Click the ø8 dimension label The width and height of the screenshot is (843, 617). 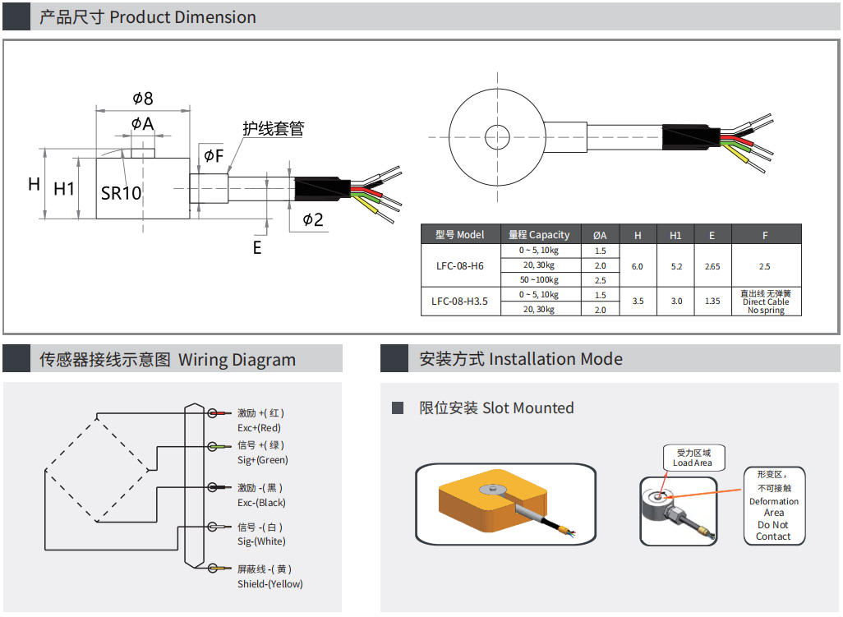143,99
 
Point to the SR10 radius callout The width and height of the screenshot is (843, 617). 122,193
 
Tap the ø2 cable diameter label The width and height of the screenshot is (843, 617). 313,219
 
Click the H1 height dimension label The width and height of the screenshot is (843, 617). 64,189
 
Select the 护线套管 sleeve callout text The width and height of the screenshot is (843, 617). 273,129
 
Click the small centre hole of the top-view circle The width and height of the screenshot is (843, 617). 495,137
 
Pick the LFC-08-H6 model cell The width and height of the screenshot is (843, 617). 459,266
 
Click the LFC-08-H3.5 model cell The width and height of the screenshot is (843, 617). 459,302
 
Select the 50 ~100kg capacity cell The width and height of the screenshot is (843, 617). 539,280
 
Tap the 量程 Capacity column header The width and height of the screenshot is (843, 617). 539,235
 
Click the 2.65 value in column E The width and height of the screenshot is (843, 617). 712,266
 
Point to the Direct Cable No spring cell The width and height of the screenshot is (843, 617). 766,302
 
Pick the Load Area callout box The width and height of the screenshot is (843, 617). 693,458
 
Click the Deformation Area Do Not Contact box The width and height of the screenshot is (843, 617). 773,506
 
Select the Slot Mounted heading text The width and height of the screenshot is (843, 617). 496,408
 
